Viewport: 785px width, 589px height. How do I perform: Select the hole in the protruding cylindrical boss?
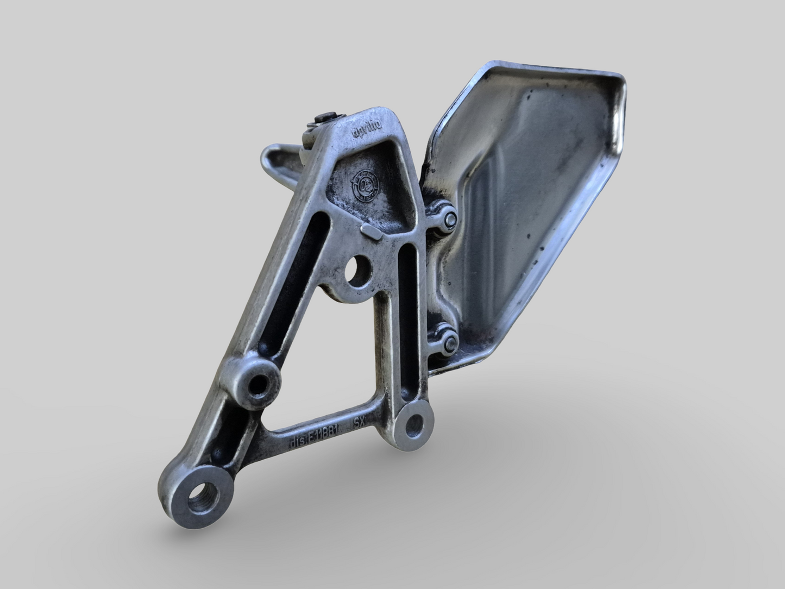pos(259,385)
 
